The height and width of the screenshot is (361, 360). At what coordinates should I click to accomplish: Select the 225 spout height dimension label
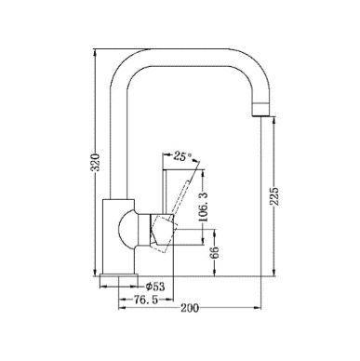[274, 196]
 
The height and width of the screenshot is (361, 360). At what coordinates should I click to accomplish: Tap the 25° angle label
[183, 156]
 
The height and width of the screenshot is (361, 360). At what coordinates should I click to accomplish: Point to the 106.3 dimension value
[203, 207]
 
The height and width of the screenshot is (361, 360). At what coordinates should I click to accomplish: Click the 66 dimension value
[214, 253]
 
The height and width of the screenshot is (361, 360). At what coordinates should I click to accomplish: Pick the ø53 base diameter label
[155, 287]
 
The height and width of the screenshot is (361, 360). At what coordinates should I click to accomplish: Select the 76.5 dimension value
[146, 300]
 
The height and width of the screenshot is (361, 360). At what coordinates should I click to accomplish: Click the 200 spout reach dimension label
[190, 308]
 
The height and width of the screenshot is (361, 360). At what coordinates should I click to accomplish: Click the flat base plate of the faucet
[119, 276]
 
